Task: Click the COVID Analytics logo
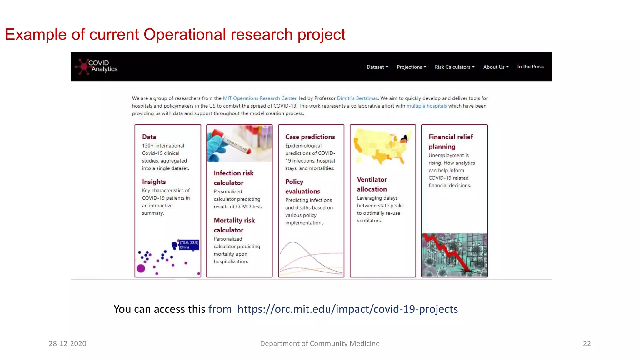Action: [x=97, y=66]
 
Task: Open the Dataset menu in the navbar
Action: [x=377, y=67]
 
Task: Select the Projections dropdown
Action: [x=411, y=67]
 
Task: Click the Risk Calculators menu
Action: [x=454, y=67]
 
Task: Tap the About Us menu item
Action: [x=496, y=67]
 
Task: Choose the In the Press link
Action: [x=530, y=67]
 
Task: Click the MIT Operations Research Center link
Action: [x=259, y=98]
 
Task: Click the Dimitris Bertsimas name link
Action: [x=357, y=98]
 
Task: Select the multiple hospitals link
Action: [x=427, y=106]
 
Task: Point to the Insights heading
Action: [x=154, y=182]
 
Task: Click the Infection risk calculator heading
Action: [x=233, y=178]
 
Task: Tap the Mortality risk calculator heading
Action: [x=234, y=225]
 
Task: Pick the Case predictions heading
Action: [x=310, y=137]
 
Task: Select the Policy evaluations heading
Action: [x=302, y=186]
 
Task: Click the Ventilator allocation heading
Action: [x=372, y=184]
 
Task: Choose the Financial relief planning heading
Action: [x=450, y=142]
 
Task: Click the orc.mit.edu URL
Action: [x=347, y=309]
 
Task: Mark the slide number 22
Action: [x=587, y=343]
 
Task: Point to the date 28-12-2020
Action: [x=67, y=343]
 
